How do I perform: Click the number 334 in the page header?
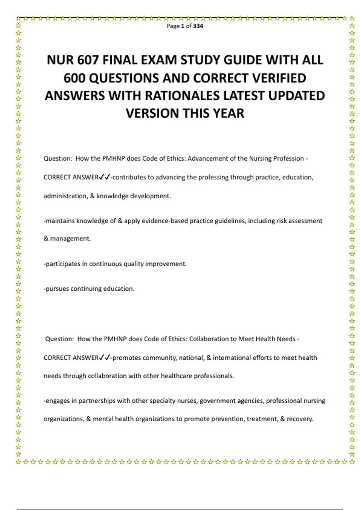pyautogui.click(x=198, y=26)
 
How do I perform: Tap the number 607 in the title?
pyautogui.click(x=88, y=60)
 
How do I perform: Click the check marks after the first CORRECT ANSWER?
pyautogui.click(x=104, y=177)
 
